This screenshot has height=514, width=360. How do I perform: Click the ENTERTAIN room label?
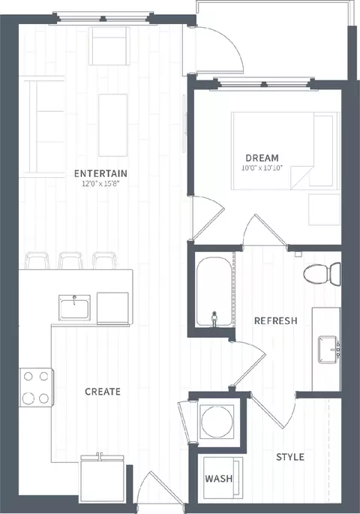click(x=100, y=173)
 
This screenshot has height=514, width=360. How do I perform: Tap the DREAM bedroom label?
click(x=262, y=158)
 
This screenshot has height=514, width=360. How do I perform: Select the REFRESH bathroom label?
click(x=276, y=320)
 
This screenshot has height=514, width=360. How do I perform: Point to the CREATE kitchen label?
click(x=103, y=392)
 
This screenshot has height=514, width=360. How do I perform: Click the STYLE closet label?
click(x=290, y=457)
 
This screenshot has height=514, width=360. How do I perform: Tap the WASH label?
click(x=219, y=479)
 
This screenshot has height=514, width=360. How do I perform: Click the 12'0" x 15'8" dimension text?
click(x=100, y=184)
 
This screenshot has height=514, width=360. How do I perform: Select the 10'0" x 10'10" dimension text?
click(x=262, y=168)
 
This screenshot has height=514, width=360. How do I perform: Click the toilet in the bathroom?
click(x=322, y=274)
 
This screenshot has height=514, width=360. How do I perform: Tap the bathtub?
click(x=214, y=292)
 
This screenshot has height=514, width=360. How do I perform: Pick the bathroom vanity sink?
click(x=328, y=350)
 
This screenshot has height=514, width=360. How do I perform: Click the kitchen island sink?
click(x=74, y=308)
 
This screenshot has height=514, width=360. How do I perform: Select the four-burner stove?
click(x=36, y=388)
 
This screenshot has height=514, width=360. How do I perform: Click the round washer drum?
click(x=217, y=422)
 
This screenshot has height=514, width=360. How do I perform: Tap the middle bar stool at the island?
click(x=70, y=260)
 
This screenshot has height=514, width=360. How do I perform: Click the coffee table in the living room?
click(x=112, y=125)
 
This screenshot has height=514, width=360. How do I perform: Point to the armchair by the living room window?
click(x=109, y=47)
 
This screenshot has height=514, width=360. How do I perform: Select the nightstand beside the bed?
click(x=324, y=209)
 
